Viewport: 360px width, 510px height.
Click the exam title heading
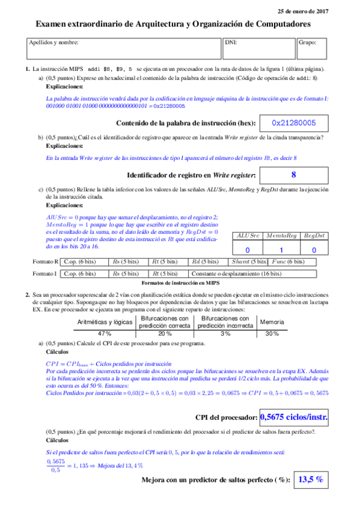(x=174, y=24)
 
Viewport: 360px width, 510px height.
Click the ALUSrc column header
(x=247, y=236)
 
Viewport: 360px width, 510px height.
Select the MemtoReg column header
(x=281, y=236)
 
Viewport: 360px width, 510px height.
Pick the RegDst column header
(x=314, y=236)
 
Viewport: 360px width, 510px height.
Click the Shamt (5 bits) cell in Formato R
(x=249, y=262)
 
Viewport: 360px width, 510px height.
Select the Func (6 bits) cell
(x=290, y=262)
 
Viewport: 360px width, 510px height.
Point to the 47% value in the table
(x=105, y=333)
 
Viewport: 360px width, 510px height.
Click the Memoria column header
(x=272, y=322)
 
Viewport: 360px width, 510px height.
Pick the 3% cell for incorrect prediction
(x=225, y=333)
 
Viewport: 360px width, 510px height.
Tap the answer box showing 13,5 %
(x=311, y=479)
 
